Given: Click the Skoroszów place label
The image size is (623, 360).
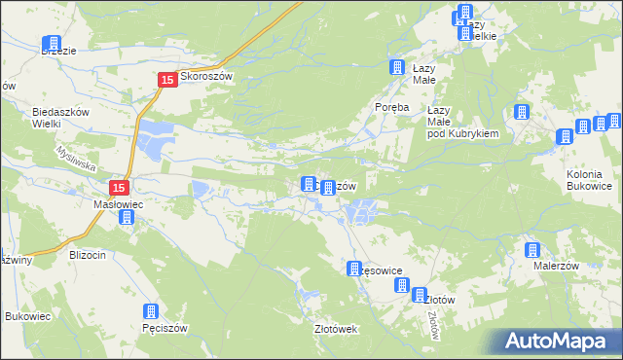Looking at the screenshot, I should [x=207, y=81].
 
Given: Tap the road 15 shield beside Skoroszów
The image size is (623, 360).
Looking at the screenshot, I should [x=166, y=81].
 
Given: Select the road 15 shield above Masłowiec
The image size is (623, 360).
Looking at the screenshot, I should [x=119, y=188].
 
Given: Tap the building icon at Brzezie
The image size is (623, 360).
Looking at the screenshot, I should [x=52, y=45].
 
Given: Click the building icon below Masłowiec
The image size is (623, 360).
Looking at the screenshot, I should [x=127, y=218].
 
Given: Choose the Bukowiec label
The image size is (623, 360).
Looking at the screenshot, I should [x=27, y=317].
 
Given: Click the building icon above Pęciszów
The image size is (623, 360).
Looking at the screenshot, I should [x=151, y=312].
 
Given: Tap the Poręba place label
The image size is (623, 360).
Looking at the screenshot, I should [x=396, y=107].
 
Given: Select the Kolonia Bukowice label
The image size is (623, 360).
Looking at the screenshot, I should [x=588, y=179].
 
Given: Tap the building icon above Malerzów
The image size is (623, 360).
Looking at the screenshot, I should [x=532, y=250].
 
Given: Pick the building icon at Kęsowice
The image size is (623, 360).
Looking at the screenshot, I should [x=355, y=269].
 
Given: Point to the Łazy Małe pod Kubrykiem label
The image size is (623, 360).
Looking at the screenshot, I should [x=462, y=123].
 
